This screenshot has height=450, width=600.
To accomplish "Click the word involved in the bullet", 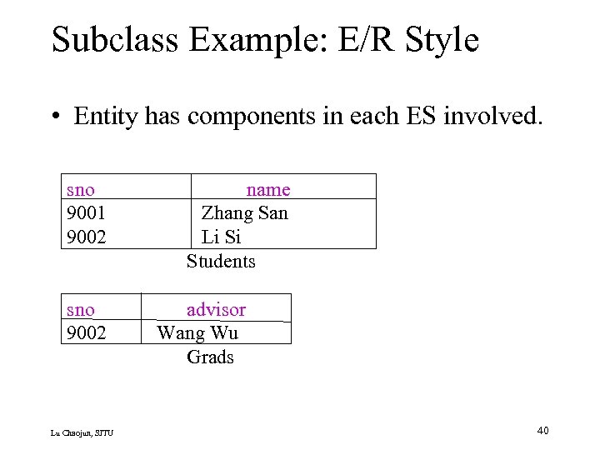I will coord(500,116).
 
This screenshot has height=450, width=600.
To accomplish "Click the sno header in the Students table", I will coord(80,190).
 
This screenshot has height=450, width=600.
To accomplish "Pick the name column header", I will coord(267,190).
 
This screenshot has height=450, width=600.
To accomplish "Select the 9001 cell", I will coord(86,213).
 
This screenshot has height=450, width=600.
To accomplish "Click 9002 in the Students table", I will coord(86,237).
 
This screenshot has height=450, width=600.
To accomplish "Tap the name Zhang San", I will coord(244,213).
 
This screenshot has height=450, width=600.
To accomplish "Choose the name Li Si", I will coord(221,237).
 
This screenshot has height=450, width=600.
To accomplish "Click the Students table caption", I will coord(221,261).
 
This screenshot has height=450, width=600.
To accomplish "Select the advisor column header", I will coord(216,310).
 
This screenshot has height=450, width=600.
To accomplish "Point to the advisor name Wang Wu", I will coord(197,333).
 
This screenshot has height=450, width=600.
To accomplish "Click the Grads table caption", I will coord(210,357).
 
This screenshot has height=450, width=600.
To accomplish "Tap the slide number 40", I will coord(542,430).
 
